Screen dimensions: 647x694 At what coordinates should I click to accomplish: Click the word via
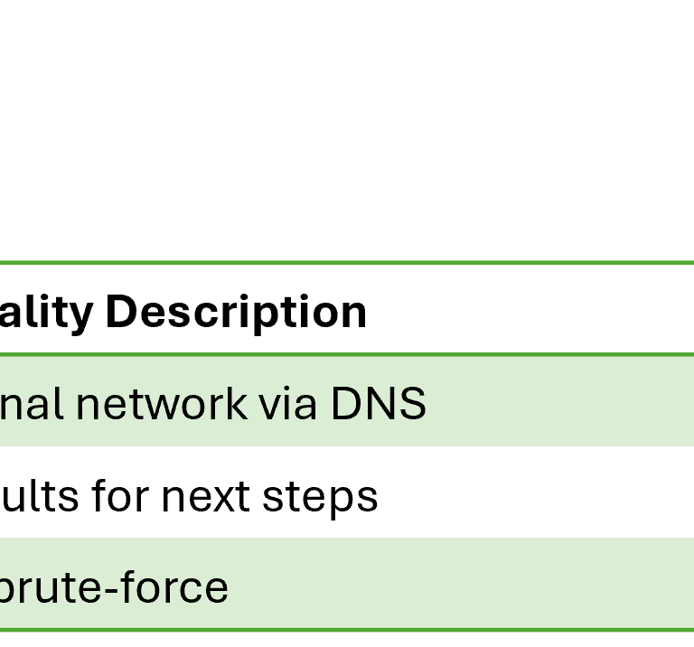[288, 404]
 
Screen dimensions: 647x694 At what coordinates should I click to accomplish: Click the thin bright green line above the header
[347, 262]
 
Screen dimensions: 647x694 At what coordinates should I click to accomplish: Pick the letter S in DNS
[411, 404]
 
